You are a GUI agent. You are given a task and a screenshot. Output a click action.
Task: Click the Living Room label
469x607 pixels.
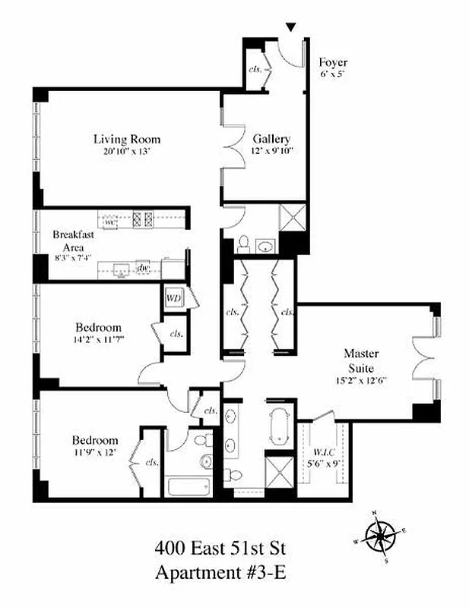coord(127,139)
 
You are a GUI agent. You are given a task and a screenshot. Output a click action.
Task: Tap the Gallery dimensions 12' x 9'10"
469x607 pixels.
coord(271,150)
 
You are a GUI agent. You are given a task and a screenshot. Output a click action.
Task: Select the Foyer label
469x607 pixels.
coord(333,62)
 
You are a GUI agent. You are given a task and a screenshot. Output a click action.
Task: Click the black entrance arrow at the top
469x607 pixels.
coord(290,28)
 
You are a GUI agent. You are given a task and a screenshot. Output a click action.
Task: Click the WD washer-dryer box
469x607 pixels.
coord(174,297)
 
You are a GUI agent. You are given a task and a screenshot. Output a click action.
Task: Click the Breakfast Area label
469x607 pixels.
coord(74,241)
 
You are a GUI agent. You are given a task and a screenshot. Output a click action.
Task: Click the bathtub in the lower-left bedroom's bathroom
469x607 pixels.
coord(187,486)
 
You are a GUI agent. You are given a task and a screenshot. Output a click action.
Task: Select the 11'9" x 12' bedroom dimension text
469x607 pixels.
coord(95,452)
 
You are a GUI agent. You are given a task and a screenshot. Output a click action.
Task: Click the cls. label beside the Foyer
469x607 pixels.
coord(255,70)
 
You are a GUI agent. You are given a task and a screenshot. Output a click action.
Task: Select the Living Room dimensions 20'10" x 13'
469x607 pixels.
coord(127,151)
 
